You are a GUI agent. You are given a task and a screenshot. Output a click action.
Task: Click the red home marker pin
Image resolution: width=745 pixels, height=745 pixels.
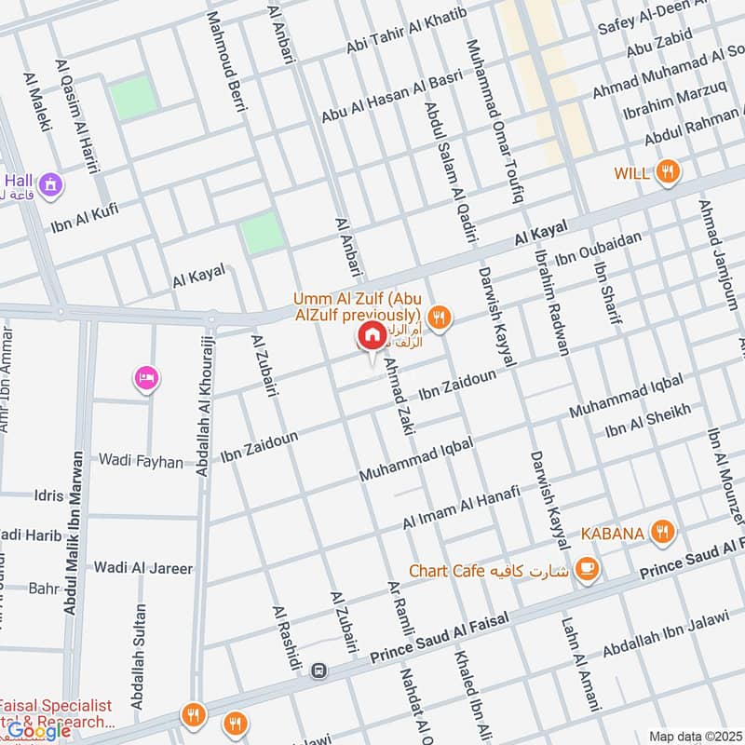tap(372, 337)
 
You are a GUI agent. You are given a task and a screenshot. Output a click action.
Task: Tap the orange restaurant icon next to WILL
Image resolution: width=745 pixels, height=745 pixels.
tap(666, 171)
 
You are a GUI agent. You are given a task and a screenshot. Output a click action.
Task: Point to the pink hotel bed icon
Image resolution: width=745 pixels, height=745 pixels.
tap(147, 377)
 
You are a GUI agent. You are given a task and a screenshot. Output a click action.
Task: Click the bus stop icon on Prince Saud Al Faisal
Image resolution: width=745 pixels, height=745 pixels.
tap(319, 670)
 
